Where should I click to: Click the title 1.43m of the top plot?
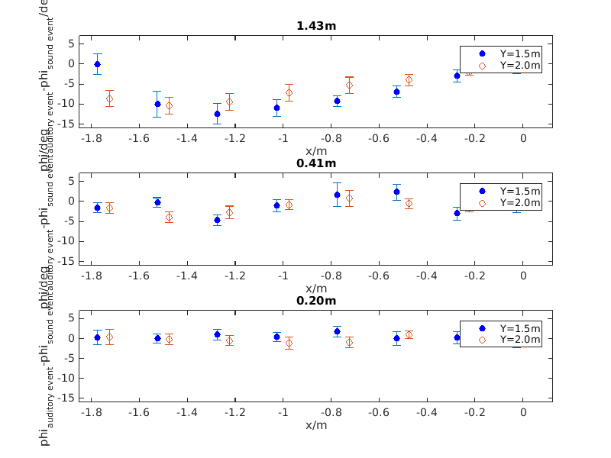[x=316, y=25]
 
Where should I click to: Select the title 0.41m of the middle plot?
[x=316, y=163]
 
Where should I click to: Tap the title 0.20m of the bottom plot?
[x=316, y=300]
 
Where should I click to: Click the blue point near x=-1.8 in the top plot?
[x=97, y=64]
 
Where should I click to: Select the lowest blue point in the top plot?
[x=217, y=114]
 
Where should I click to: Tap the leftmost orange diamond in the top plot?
[x=109, y=98]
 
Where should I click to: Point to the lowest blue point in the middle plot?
[x=217, y=220]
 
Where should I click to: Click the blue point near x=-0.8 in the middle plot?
[x=337, y=195]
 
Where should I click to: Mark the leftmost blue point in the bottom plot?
[x=97, y=337]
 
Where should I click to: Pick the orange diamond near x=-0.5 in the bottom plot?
[x=409, y=334]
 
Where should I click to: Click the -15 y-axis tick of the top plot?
[x=71, y=124]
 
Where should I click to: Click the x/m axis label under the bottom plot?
[x=316, y=425]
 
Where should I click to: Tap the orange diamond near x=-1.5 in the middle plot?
[x=169, y=217]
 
